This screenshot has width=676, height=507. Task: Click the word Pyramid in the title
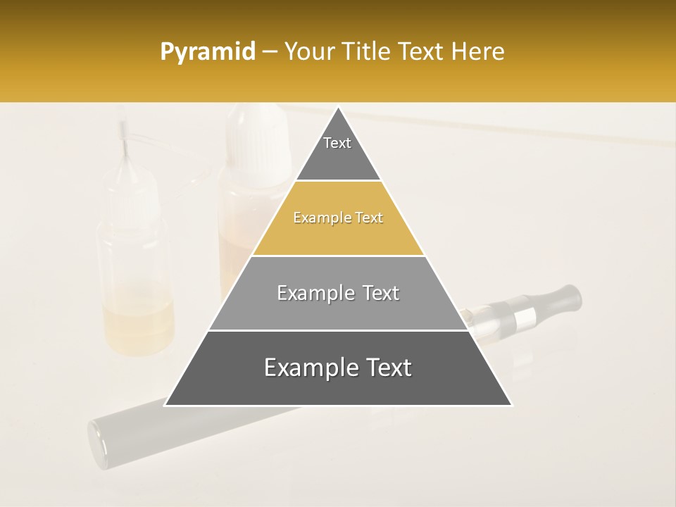[x=207, y=52]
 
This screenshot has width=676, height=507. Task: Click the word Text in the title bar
[x=423, y=52]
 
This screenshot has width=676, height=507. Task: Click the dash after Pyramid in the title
[x=269, y=52]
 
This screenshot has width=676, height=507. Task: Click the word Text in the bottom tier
[x=387, y=368]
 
